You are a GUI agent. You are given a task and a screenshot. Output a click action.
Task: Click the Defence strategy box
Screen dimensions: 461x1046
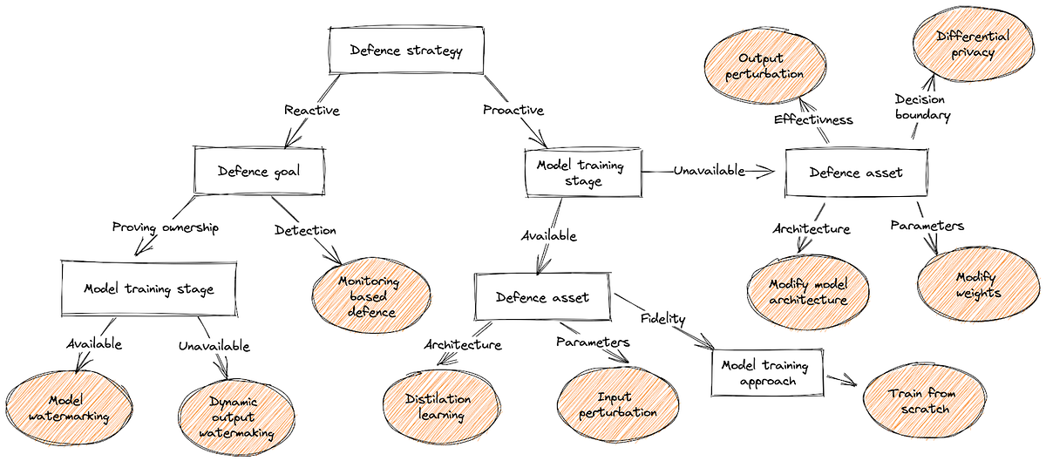click(x=404, y=51)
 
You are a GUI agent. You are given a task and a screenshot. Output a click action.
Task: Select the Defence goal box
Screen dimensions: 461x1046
click(x=259, y=171)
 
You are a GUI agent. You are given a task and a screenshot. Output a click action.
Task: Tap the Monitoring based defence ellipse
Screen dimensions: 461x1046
click(x=370, y=297)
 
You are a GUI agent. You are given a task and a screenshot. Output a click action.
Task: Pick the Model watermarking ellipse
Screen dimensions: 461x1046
click(x=66, y=407)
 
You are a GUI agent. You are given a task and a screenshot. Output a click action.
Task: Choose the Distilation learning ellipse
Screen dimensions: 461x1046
click(x=439, y=406)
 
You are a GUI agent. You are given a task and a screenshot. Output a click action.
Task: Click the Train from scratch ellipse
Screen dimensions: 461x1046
click(x=922, y=402)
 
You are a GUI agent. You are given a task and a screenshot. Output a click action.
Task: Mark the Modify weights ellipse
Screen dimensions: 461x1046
click(x=977, y=284)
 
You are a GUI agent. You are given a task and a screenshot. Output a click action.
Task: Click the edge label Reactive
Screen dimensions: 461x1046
click(x=311, y=111)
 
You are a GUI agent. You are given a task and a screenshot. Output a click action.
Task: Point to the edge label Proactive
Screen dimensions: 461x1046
click(x=513, y=111)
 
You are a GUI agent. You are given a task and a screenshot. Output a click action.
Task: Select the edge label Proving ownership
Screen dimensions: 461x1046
click(x=165, y=227)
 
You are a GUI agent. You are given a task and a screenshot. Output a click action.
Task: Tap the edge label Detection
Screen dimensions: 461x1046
click(x=305, y=230)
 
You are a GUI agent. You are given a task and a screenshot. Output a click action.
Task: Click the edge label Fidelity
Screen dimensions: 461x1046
click(x=665, y=318)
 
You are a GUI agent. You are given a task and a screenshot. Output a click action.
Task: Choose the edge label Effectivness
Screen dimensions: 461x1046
click(x=813, y=120)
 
